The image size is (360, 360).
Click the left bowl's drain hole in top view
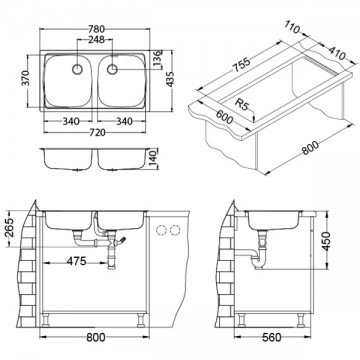(71, 69)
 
